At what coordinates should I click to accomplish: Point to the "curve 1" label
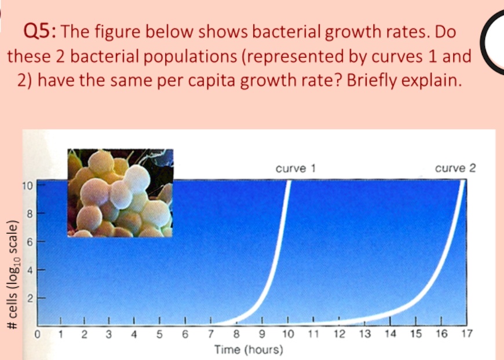coord(295,168)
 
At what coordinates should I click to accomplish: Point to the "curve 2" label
coord(455,168)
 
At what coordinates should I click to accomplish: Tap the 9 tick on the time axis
coord(262,334)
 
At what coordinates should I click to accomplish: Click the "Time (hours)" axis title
coord(249,350)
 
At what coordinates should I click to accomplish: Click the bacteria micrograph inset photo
coord(120,193)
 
